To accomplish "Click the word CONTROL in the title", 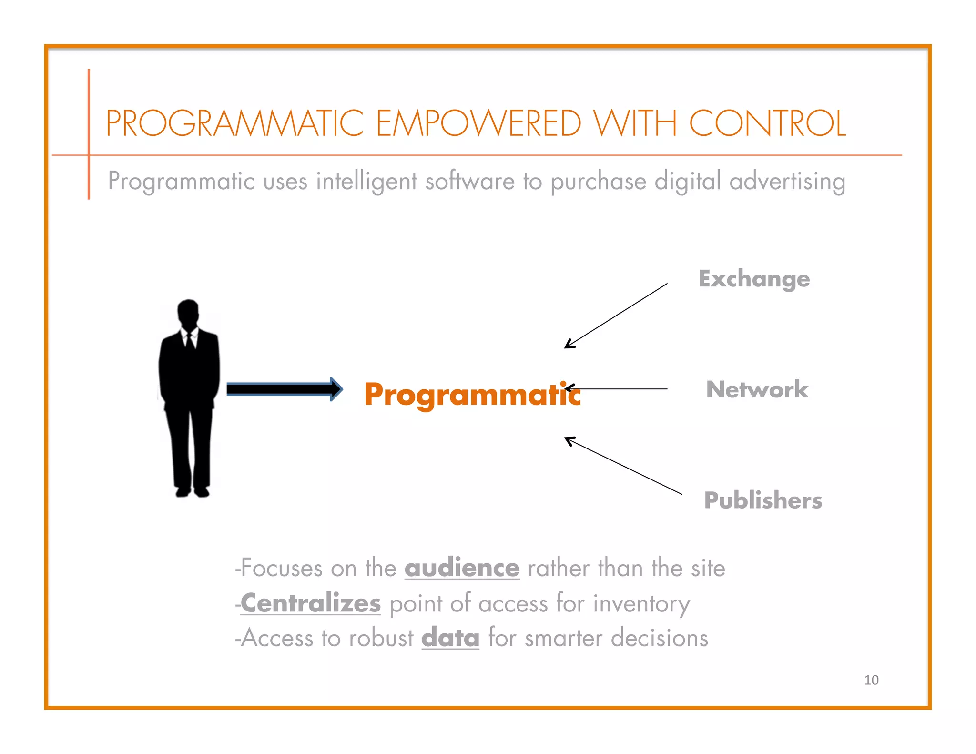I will click(x=767, y=123).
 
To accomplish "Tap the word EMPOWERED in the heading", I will click(x=478, y=123).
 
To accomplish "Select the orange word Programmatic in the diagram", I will click(x=472, y=395).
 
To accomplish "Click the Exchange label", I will click(x=754, y=279).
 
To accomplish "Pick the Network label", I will click(x=757, y=389).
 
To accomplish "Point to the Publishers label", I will click(x=763, y=500).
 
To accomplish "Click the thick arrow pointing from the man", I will click(x=284, y=389).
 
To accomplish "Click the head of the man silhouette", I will click(x=188, y=313).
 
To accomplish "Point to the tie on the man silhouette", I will click(x=190, y=340).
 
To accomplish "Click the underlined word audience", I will click(x=462, y=568).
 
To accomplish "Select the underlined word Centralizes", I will click(x=311, y=603).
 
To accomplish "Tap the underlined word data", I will click(x=450, y=638).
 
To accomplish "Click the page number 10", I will click(x=871, y=680).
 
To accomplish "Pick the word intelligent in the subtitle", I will click(x=366, y=182).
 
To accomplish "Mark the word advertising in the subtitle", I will click(x=787, y=182).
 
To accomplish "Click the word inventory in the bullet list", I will click(x=641, y=604).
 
